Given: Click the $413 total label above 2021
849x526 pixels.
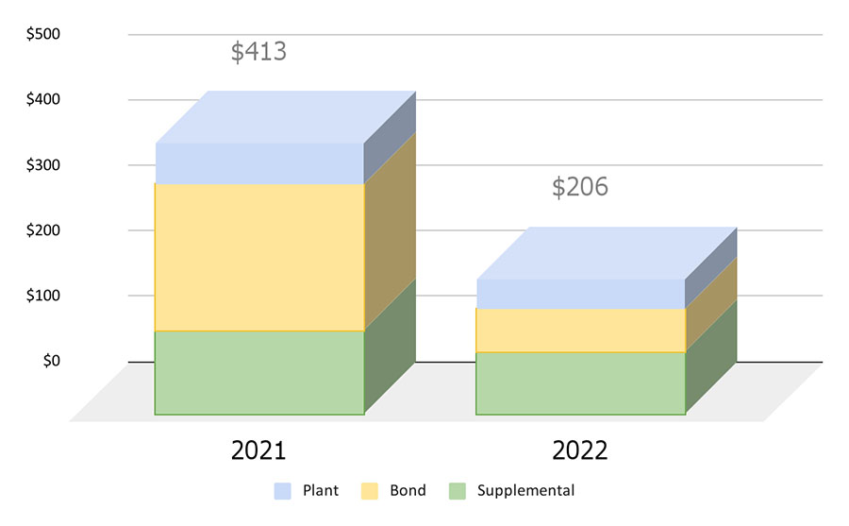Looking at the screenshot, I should [x=258, y=52].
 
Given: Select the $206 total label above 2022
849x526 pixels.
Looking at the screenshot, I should [x=580, y=187].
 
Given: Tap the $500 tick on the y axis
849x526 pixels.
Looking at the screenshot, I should [x=42, y=35].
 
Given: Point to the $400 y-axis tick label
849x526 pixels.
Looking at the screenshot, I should [x=42, y=100].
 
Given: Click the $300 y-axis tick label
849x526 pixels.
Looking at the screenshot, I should [x=42, y=165].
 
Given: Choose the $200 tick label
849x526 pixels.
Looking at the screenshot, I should [x=42, y=230].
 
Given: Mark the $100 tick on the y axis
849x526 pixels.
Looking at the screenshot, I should [x=42, y=296].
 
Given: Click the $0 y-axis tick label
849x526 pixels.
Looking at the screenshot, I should [x=51, y=361].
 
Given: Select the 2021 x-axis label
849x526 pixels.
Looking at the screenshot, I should [x=258, y=450].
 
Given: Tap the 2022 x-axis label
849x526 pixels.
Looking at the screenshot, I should [x=580, y=450].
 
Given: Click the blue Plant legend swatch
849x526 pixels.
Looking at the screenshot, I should [x=283, y=491].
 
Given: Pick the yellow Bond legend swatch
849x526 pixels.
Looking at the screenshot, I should [x=371, y=491].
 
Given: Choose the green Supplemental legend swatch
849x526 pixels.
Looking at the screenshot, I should [x=458, y=491].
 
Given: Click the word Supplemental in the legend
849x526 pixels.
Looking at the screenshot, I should [x=525, y=491].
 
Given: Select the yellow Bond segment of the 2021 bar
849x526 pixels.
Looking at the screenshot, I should [x=259, y=257].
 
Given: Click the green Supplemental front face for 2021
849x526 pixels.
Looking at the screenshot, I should [x=259, y=373].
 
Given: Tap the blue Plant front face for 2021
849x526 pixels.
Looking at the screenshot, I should [x=259, y=163].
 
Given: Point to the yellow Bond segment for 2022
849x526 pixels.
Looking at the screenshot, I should [x=580, y=331].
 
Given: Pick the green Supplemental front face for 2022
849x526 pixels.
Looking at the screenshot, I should [x=580, y=383].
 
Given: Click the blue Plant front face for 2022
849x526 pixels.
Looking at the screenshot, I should [x=580, y=294].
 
